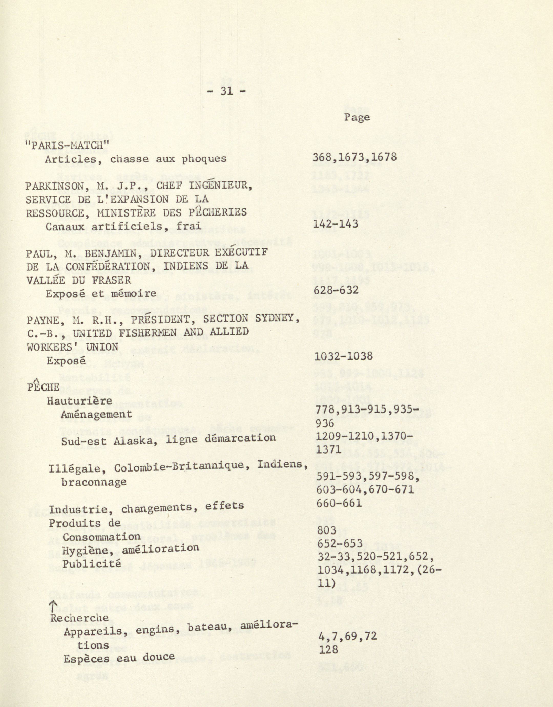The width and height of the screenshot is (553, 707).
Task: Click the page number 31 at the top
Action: [x=226, y=91]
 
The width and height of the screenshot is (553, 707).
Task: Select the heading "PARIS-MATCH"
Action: [x=67, y=145]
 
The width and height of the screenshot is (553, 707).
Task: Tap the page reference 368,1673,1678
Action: [x=354, y=157]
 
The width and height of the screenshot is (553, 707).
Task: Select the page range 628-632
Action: [x=336, y=290]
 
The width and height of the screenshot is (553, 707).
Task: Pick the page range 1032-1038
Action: [x=343, y=356]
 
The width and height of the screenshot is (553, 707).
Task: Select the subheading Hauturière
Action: [x=80, y=401]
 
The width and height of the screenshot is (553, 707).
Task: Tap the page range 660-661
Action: [x=339, y=503]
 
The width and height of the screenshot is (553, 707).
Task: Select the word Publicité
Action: [x=92, y=564]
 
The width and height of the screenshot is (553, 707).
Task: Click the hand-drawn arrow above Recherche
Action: [x=53, y=605]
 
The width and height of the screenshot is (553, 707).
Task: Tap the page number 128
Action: [x=328, y=649]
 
